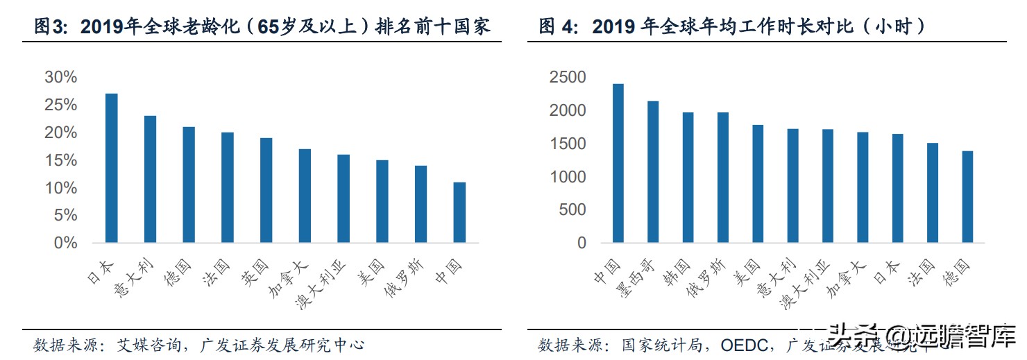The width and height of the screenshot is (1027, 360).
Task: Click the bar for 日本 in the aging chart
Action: (111, 168)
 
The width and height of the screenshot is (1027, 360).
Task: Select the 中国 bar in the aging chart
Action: (459, 212)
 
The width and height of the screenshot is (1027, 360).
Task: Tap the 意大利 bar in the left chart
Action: (150, 179)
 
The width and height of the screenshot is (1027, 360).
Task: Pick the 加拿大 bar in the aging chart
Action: (305, 196)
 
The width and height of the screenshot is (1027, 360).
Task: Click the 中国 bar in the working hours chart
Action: (618, 163)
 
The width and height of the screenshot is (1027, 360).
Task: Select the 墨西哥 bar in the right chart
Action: (653, 172)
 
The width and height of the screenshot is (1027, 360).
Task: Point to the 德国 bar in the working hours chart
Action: (967, 197)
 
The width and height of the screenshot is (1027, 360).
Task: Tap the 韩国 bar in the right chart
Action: (688, 178)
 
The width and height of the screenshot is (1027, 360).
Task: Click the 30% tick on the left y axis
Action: (60, 77)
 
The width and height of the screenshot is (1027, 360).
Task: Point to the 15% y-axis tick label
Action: (60, 160)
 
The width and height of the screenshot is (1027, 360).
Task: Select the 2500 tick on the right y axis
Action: (567, 77)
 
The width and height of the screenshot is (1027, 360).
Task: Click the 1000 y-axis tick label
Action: (567, 177)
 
